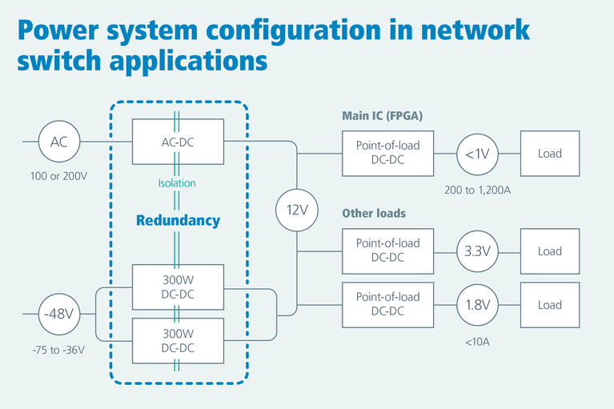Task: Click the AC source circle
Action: (59, 142)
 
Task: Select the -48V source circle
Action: (59, 314)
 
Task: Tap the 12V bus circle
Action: (297, 211)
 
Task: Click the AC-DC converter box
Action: (178, 142)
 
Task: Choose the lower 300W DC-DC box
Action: (178, 340)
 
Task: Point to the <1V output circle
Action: (477, 153)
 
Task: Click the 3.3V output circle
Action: (477, 251)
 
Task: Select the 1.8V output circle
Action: (477, 305)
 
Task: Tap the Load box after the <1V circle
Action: (550, 153)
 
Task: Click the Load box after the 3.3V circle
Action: (550, 251)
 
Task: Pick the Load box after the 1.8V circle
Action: (550, 305)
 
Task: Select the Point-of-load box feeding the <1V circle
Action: (387, 153)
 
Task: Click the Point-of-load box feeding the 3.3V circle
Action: (387, 251)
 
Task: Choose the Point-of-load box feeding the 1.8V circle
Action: (387, 305)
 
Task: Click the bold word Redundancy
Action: (178, 221)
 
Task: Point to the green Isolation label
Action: (178, 182)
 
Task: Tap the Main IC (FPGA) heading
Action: (382, 116)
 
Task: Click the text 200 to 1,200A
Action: (478, 190)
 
